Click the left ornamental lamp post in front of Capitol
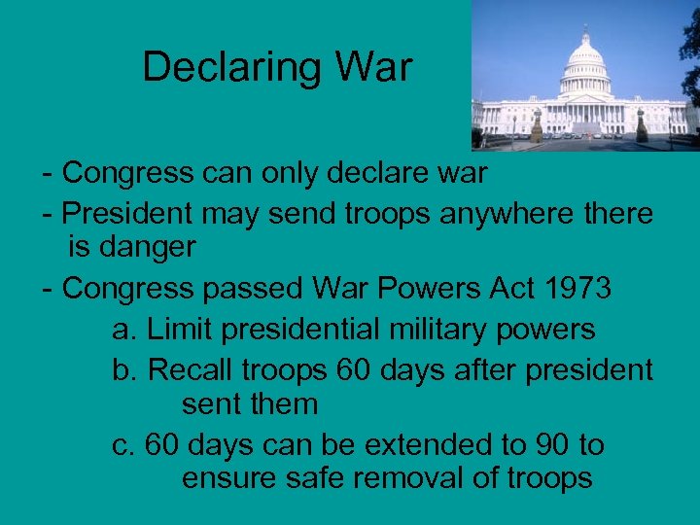[x=537, y=124]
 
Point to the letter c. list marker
[x=123, y=445]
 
